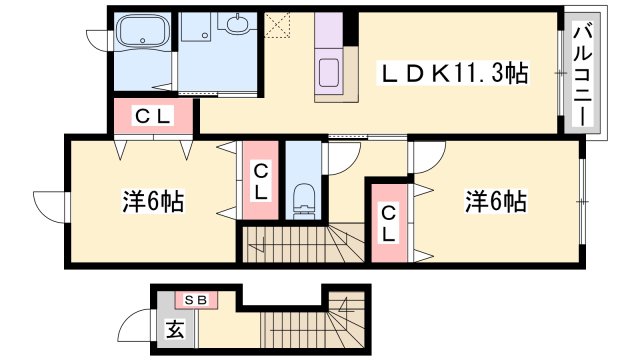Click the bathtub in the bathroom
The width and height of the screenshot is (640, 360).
[x=144, y=35]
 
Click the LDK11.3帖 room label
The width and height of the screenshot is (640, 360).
[x=452, y=73]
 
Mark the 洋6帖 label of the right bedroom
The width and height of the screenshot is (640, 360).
[x=494, y=200]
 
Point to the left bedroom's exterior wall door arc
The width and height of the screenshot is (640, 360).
[x=50, y=205]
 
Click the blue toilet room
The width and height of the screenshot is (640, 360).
[x=304, y=180]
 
